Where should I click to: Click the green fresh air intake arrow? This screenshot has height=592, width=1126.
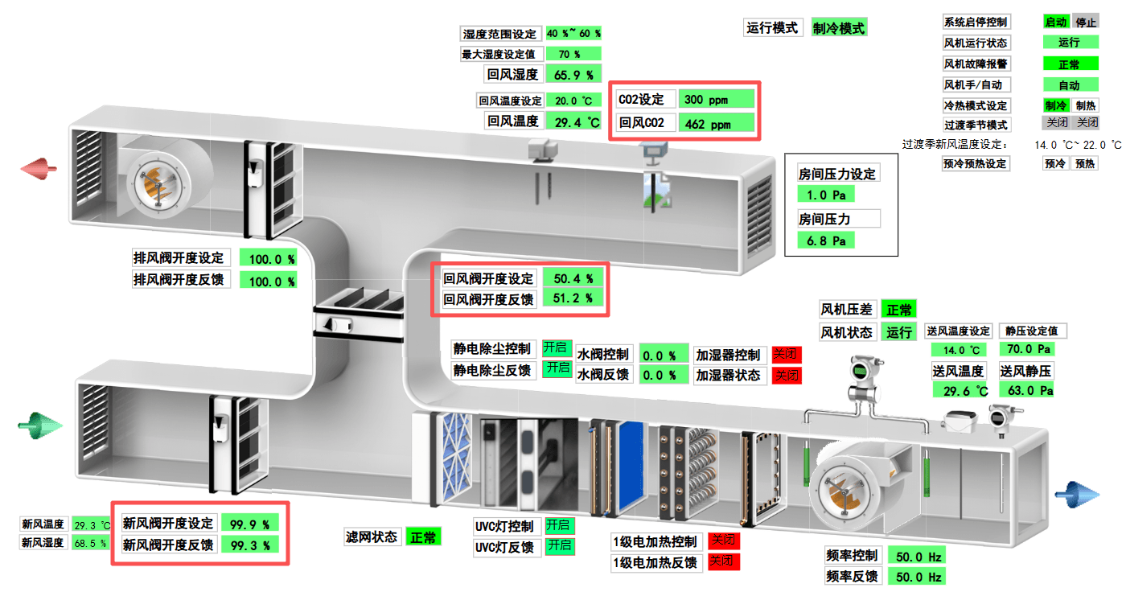39,425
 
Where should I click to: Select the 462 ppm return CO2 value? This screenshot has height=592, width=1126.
716,124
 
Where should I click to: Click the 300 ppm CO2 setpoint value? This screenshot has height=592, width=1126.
716,100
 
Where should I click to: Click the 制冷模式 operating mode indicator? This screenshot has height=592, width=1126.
839,28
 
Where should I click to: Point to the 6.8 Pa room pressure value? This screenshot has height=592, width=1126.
826,240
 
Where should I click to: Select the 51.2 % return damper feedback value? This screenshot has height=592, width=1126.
573,298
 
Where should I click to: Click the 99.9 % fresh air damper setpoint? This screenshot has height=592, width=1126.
249,524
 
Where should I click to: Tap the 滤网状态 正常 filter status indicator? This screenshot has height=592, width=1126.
423,536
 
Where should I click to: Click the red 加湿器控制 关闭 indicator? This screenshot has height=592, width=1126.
787,355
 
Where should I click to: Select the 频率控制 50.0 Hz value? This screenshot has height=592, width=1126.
918,556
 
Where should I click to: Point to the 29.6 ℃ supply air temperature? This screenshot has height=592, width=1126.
960,390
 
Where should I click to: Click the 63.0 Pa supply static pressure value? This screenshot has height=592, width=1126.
1026,390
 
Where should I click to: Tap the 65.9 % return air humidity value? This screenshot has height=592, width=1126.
573,75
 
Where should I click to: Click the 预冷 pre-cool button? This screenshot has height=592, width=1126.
1055,163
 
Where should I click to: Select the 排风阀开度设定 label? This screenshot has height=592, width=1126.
179,258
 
